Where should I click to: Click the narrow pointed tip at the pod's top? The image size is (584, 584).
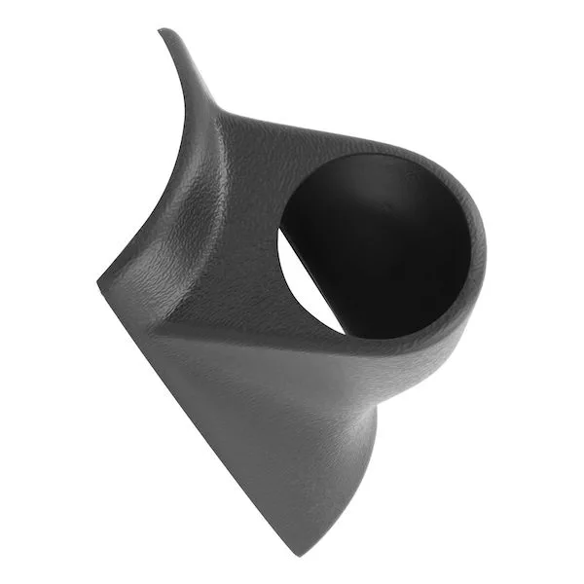[163, 31]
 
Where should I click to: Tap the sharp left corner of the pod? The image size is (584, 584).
[100, 284]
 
